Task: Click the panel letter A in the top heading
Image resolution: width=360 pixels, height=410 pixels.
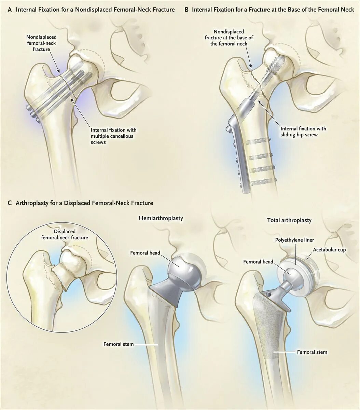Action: tap(9, 10)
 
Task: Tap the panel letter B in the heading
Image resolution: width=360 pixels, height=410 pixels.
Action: tap(186, 10)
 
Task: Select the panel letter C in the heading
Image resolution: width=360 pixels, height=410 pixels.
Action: tap(9, 203)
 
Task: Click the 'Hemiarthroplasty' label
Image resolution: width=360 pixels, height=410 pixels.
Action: tap(161, 218)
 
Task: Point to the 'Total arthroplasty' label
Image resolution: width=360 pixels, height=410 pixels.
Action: tap(289, 220)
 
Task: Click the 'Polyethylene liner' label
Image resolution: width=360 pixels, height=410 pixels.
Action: tap(294, 240)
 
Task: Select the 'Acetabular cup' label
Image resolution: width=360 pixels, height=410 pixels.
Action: tap(329, 250)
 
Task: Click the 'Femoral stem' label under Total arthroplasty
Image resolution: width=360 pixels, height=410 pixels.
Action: tap(312, 352)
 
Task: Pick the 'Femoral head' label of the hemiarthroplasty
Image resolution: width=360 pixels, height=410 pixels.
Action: tap(145, 253)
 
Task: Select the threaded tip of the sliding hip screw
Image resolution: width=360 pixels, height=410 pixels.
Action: tap(278, 62)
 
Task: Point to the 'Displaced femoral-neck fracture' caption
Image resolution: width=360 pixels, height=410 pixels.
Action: tap(65, 234)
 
